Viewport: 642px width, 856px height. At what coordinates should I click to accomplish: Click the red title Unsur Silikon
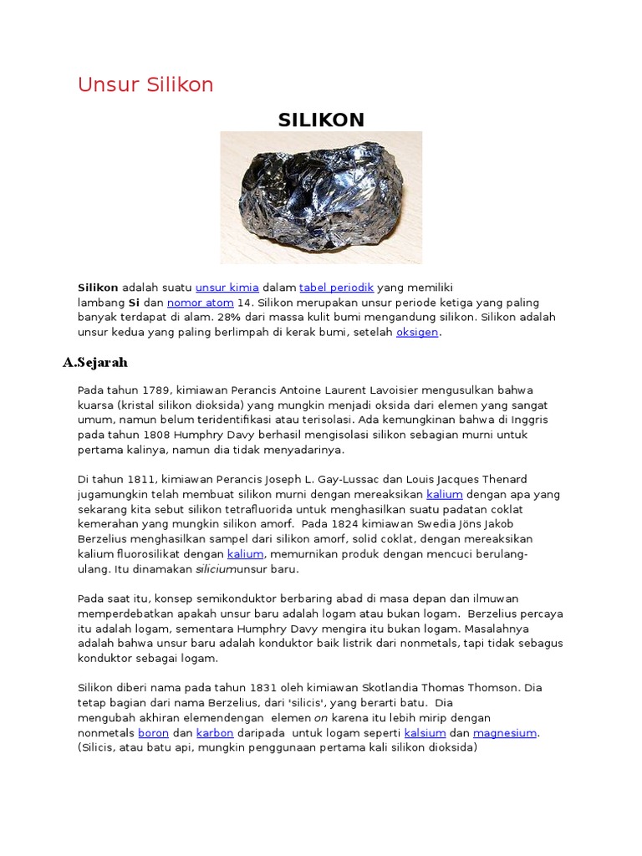(x=145, y=84)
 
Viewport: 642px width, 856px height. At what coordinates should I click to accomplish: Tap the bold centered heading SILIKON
(x=321, y=120)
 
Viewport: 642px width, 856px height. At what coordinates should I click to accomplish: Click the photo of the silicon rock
(x=321, y=197)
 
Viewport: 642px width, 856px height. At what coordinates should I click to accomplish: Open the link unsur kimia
(x=227, y=287)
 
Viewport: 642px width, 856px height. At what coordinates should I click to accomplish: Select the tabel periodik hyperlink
(x=336, y=287)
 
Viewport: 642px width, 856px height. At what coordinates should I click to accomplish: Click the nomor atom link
(x=200, y=302)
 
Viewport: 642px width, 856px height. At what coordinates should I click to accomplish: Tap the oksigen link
(x=417, y=332)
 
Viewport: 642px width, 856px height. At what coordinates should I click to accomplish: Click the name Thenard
(x=499, y=479)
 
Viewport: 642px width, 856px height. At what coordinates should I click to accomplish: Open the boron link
(x=153, y=733)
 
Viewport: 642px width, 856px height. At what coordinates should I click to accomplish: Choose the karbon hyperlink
(x=214, y=733)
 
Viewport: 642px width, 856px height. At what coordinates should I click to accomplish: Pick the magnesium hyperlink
(x=505, y=733)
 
